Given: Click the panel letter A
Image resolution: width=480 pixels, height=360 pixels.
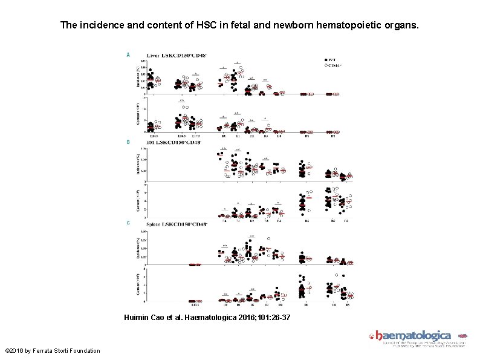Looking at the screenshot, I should (x=128, y=54).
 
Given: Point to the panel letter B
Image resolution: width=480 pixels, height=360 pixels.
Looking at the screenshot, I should (x=128, y=142).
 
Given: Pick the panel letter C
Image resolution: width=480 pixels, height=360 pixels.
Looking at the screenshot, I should (x=128, y=223).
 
